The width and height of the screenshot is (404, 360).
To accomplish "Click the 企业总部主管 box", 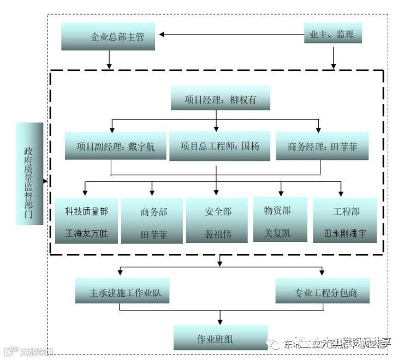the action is tap(110, 38).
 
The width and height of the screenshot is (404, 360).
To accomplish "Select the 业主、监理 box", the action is tap(332, 35).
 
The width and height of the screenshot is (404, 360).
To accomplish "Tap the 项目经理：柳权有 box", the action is tap(221, 99).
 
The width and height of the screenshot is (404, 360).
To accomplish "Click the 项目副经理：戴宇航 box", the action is tap(115, 146).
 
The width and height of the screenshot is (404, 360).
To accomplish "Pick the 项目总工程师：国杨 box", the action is tap(219, 146).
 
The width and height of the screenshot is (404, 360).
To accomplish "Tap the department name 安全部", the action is tap(218, 211).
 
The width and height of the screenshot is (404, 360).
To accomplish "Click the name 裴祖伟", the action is tap(218, 234).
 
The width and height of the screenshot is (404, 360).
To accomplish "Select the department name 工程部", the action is tap(346, 211).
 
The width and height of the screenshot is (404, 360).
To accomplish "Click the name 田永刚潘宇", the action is tap(346, 234).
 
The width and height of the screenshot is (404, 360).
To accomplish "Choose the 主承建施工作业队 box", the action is tap(122, 291).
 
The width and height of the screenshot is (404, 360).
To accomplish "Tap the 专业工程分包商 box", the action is tap(323, 291).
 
